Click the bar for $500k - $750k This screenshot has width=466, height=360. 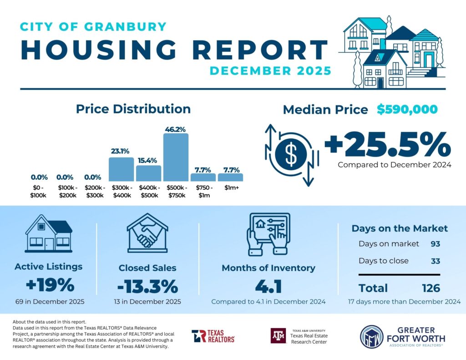click(x=176, y=157)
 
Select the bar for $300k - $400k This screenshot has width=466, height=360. click(x=121, y=170)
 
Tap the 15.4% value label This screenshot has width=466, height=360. click(x=148, y=160)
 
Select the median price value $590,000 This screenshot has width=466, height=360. click(x=407, y=109)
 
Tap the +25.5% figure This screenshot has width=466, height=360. click(x=387, y=144)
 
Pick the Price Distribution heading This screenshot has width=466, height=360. click(x=133, y=109)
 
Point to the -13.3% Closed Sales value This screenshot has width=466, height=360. click(x=147, y=286)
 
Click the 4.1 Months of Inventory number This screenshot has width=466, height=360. click(x=268, y=287)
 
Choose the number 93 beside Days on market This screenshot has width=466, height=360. click(x=435, y=244)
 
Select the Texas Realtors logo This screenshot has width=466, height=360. click(x=213, y=336)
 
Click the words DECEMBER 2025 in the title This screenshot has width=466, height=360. click(x=270, y=71)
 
